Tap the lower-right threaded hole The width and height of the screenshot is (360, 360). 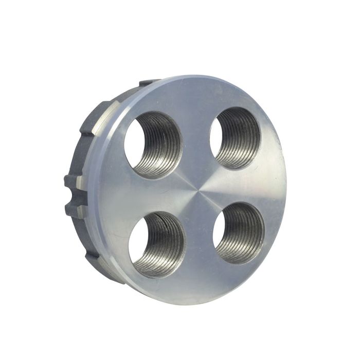[239, 232]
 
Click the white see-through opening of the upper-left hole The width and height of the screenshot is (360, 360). [137, 138]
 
